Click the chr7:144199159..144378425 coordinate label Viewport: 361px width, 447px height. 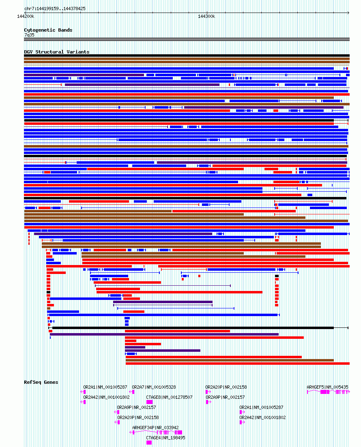click(55, 9)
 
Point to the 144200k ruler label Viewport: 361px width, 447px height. click(26, 17)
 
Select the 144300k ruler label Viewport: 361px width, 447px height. click(206, 17)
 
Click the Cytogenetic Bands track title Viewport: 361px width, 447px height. click(48, 30)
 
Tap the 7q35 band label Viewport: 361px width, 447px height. click(29, 35)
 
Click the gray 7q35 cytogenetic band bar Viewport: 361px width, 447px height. click(187, 39)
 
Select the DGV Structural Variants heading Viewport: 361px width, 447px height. click(56, 52)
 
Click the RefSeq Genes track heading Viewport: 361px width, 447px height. click(41, 382)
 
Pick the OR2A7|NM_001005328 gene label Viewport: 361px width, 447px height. click(154, 387)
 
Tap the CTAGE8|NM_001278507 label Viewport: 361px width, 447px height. click(169, 397)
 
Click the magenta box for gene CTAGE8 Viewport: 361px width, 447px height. click(149, 402)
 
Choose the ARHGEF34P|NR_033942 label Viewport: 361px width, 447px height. click(155, 428)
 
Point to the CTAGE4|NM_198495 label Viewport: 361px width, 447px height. click(165, 438)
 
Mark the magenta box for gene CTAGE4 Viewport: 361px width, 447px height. click(149, 443)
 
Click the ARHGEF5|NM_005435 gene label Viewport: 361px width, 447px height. click(327, 387)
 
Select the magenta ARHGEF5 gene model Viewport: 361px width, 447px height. click(329, 392)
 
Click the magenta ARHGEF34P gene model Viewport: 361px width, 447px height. click(156, 432)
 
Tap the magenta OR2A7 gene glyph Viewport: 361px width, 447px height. click(131, 392)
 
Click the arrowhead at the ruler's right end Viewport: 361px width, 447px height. click(348, 13)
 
